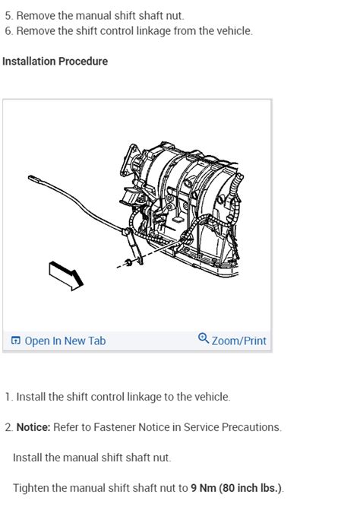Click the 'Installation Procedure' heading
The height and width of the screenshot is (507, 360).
(55, 62)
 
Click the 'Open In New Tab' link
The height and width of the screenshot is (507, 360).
(65, 341)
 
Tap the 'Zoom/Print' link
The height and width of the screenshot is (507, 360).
(238, 341)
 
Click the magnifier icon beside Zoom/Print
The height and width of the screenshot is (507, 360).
(203, 340)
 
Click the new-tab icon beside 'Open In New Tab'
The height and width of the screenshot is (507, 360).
(16, 341)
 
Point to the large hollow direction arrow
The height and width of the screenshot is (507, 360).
(65, 275)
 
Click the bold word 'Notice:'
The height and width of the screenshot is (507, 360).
(33, 427)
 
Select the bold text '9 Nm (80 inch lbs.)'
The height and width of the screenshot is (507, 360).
(236, 488)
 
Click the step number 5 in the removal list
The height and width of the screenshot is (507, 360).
(8, 15)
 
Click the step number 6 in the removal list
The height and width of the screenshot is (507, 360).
(8, 31)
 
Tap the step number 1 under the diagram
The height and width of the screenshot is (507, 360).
(8, 397)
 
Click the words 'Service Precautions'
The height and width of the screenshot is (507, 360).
(238, 427)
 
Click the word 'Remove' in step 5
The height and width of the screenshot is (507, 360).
(36, 15)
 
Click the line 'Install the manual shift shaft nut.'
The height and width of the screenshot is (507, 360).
(92, 458)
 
